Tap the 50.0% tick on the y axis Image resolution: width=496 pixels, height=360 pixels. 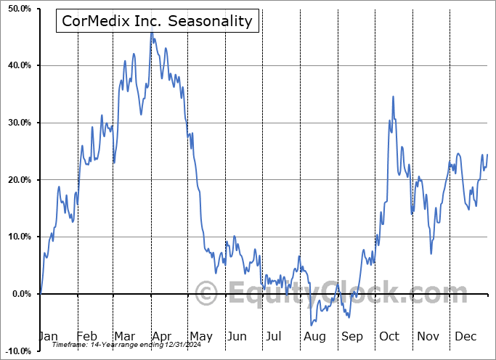pos(20,9)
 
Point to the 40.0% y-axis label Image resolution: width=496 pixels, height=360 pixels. pos(20,66)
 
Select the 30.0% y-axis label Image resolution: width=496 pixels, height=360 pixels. pos(20,123)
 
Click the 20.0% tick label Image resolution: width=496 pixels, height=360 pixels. pos(20,180)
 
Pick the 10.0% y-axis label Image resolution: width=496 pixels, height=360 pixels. pos(20,237)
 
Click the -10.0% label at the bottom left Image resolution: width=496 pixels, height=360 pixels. pos(18,351)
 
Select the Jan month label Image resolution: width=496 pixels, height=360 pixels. pos(48,337)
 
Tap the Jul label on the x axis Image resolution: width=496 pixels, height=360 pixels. pos(274,337)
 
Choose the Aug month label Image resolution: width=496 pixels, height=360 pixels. pos(314,337)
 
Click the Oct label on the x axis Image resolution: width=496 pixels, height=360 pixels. pos(389,337)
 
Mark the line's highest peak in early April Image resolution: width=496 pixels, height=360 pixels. pos(151,32)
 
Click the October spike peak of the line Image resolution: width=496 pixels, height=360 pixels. pos(393,96)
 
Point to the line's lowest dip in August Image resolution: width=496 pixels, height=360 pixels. pos(312,324)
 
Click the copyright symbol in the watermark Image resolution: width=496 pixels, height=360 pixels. pos(207,294)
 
